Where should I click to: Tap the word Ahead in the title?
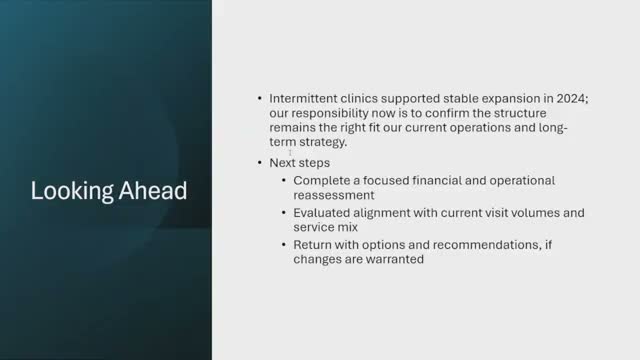[150, 190]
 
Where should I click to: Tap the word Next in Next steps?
[283, 162]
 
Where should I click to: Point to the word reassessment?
[334, 195]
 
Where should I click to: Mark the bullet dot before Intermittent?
[260, 99]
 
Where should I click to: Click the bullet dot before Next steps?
[260, 162]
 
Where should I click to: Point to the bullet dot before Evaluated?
[284, 213]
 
